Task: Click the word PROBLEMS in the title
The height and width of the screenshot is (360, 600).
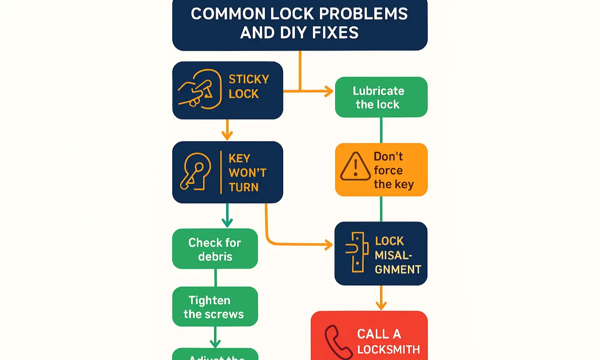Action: [363, 14]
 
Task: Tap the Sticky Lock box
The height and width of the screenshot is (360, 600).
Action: [227, 90]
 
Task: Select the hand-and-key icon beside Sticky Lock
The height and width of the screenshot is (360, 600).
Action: [199, 89]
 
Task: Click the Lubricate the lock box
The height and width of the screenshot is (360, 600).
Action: [381, 97]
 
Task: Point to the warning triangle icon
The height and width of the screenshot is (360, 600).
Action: [355, 167]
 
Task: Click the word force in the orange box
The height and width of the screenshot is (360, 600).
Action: [388, 170]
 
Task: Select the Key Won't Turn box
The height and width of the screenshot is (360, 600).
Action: [227, 172]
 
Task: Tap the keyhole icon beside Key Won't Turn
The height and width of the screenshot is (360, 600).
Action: [195, 172]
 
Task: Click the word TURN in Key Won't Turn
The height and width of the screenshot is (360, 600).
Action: [243, 187]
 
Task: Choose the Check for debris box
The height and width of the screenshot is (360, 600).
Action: [215, 249]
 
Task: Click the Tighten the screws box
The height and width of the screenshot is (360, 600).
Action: [215, 306]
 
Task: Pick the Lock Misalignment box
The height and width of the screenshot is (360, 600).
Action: [381, 254]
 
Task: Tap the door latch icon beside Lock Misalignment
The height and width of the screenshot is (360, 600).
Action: [357, 252]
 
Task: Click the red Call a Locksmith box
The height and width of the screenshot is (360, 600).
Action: [369, 336]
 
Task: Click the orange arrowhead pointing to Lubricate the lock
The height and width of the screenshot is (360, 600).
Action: [329, 91]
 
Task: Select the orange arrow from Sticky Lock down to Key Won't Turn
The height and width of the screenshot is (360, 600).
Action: [227, 131]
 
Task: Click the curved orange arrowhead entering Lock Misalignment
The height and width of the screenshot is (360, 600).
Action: [328, 245]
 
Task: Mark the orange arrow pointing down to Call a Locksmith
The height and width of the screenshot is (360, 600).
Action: [381, 299]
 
